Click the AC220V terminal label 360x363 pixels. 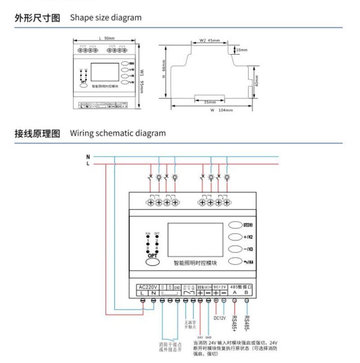point(148,287)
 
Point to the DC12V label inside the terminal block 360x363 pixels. point(220,287)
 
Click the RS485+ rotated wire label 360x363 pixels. point(235,322)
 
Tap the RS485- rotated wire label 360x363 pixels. point(247,322)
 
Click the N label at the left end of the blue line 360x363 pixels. point(88,157)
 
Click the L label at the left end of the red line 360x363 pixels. point(88,164)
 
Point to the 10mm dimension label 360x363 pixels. point(242,50)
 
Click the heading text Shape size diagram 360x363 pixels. point(105,18)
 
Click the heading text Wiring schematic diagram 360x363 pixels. point(117,133)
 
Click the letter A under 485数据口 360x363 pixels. point(234,292)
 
